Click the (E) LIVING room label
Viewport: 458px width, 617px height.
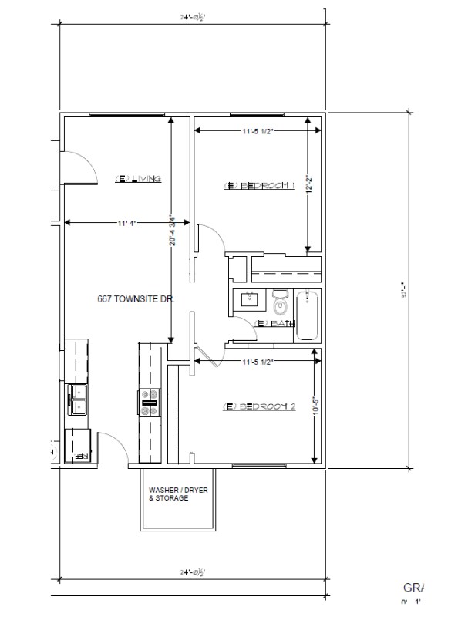(137, 179)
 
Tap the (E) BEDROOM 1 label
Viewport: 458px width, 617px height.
(259, 186)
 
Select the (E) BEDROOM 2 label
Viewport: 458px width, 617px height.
(259, 406)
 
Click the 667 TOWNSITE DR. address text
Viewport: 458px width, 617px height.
(136, 298)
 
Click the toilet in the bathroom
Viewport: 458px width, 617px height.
(280, 302)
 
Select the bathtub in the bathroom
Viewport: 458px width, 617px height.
(308, 315)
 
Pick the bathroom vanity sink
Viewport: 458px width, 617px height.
(250, 300)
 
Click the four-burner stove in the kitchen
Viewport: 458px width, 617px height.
(150, 403)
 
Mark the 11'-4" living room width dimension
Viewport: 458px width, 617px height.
(127, 223)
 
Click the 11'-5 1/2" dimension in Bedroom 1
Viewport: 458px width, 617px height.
(258, 131)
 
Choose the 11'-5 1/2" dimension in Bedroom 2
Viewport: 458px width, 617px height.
(258, 360)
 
